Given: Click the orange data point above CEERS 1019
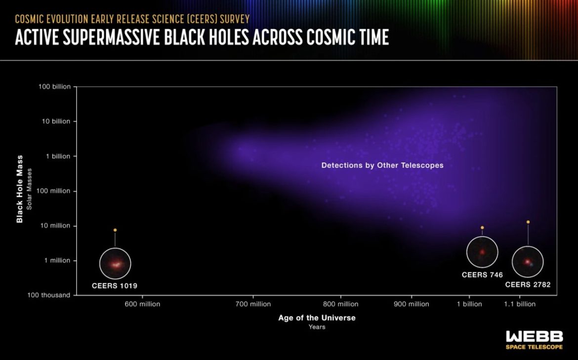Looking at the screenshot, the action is tap(115, 230).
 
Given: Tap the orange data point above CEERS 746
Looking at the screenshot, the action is tap(482, 228).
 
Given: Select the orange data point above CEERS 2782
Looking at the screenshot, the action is tap(528, 222).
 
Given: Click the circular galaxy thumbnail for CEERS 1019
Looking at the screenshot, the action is tap(115, 264).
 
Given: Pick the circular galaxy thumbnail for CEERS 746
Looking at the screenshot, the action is tap(482, 252).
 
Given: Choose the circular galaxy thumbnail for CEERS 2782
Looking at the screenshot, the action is tap(528, 262).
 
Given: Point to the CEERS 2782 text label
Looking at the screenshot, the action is tap(528, 284).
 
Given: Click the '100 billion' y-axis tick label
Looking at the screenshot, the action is tap(54, 86).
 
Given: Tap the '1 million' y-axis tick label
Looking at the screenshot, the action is tap(57, 261).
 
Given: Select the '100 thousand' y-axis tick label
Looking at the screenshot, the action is tap(48, 295).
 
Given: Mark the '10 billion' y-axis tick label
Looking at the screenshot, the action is tap(56, 121).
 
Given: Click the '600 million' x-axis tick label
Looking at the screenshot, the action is tap(142, 304).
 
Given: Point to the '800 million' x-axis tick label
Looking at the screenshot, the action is tap(340, 304).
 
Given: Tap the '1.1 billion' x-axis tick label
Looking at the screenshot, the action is tap(520, 304).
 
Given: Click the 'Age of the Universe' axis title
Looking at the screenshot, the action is tap(317, 318).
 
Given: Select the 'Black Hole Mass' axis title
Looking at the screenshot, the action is tap(20, 189).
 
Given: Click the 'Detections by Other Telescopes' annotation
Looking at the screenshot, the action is tap(382, 165).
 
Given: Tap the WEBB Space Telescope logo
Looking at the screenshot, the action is tap(534, 340).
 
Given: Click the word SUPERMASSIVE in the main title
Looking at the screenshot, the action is tap(111, 37).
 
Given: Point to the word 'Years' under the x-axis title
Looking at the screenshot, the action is tap(317, 327).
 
